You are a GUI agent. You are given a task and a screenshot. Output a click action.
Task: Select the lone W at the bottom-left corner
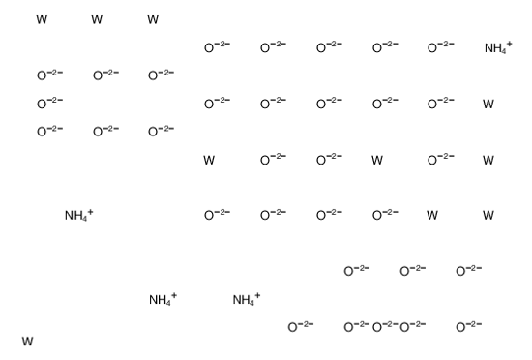pyautogui.click(x=27, y=341)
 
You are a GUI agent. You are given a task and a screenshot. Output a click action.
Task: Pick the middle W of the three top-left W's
pyautogui.click(x=97, y=19)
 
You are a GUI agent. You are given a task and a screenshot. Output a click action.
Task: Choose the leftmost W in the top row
pyautogui.click(x=41, y=19)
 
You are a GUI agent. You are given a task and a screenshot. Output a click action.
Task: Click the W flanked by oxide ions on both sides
pyautogui.click(x=377, y=160)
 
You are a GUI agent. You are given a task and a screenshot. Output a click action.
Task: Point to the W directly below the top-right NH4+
pyautogui.click(x=488, y=105)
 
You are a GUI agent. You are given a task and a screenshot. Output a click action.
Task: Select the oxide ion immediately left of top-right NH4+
pyautogui.click(x=440, y=47)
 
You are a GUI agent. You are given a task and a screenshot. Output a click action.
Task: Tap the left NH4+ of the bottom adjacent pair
pyautogui.click(x=162, y=300)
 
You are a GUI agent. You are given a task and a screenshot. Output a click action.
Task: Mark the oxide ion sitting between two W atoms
pyautogui.click(x=440, y=160)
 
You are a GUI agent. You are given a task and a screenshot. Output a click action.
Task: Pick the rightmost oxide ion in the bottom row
pyautogui.click(x=468, y=327)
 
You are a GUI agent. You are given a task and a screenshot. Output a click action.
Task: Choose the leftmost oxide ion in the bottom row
pyautogui.click(x=300, y=327)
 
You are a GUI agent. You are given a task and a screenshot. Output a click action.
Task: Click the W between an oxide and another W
pyautogui.click(x=432, y=215)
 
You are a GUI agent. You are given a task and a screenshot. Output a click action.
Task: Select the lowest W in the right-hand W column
pyautogui.click(x=488, y=215)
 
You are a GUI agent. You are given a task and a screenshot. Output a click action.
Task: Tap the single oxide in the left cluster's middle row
pyautogui.click(x=48, y=104)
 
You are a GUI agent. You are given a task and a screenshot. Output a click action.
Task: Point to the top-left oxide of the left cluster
pyautogui.click(x=48, y=75)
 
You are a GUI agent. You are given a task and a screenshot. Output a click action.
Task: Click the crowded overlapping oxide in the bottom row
pyautogui.click(x=384, y=327)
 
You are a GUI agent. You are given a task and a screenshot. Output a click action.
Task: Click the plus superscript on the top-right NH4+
pyautogui.click(x=510, y=44)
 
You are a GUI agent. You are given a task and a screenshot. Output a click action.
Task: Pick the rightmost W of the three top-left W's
pyautogui.click(x=153, y=19)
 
